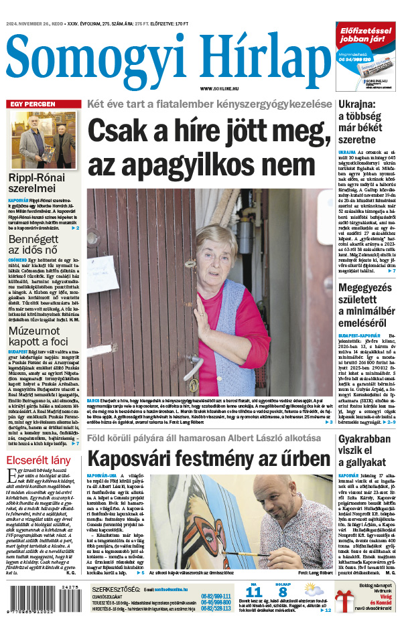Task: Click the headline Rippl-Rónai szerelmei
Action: click(37, 184)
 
